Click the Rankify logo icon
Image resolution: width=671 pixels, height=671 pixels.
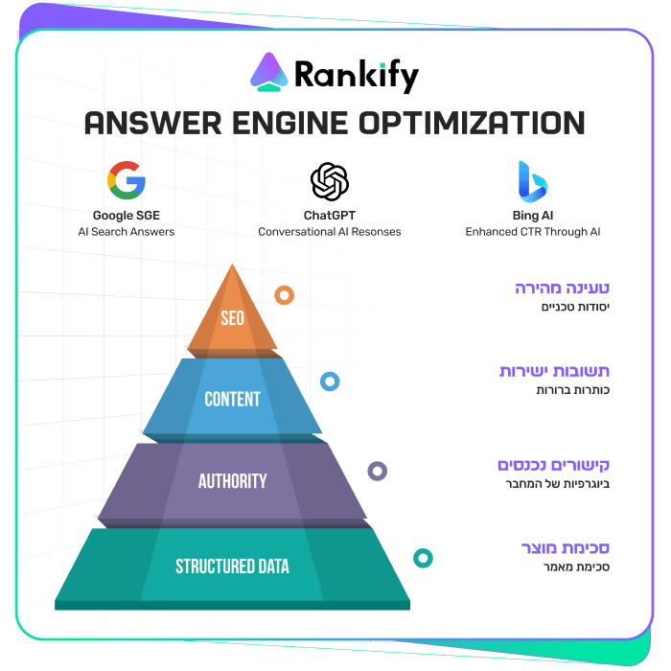pos(271,72)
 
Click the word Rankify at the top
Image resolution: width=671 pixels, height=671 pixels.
pos(357,73)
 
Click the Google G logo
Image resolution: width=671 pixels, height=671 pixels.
pos(127,180)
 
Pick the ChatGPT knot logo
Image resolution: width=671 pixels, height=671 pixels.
pos(330,180)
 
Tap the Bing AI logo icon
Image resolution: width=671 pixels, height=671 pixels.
pos(532,180)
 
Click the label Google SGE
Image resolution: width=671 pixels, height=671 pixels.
pos(127,215)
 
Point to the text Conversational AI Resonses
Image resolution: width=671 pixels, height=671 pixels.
pos(330,232)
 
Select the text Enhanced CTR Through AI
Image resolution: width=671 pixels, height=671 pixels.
pos(532,232)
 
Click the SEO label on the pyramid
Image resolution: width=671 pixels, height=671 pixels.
pos(232,317)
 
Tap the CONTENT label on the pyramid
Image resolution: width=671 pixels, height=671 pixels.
pos(232,399)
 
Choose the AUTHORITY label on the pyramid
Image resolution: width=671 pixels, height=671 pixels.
pos(232,481)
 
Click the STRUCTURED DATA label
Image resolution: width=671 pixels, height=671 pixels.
pos(232,567)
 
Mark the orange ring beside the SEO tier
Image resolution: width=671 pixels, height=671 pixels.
pos(284,295)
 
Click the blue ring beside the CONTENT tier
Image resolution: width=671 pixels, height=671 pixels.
pos(330,382)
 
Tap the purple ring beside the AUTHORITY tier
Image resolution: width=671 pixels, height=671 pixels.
pos(378,471)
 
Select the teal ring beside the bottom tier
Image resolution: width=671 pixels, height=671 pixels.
pos(422,558)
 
